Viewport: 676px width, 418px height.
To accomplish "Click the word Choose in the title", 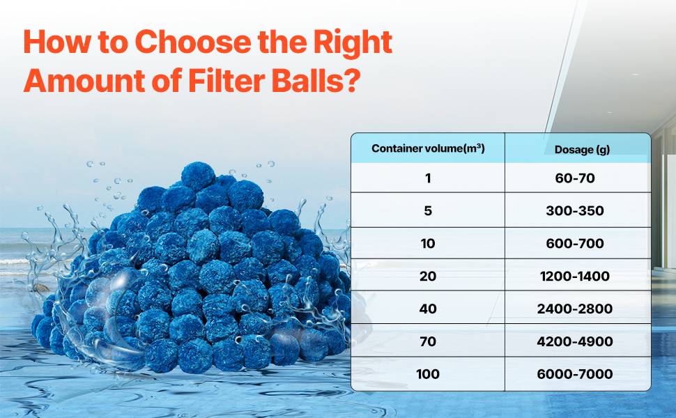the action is [193, 42].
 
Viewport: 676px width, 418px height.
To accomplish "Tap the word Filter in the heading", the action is [226, 81].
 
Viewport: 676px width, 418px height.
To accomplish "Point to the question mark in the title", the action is [352, 81].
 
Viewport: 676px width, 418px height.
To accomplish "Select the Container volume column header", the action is [428, 148].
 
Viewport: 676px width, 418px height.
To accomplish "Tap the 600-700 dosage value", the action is [575, 243].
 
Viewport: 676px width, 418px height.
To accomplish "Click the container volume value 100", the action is [428, 374].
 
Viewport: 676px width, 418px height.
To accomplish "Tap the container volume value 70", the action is [428, 342].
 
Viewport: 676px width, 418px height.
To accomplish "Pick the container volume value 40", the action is [428, 309].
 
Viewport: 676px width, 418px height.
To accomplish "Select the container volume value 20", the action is [428, 276].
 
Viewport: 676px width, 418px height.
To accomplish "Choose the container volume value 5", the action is [428, 210].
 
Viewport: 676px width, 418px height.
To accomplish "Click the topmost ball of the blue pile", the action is [198, 177].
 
